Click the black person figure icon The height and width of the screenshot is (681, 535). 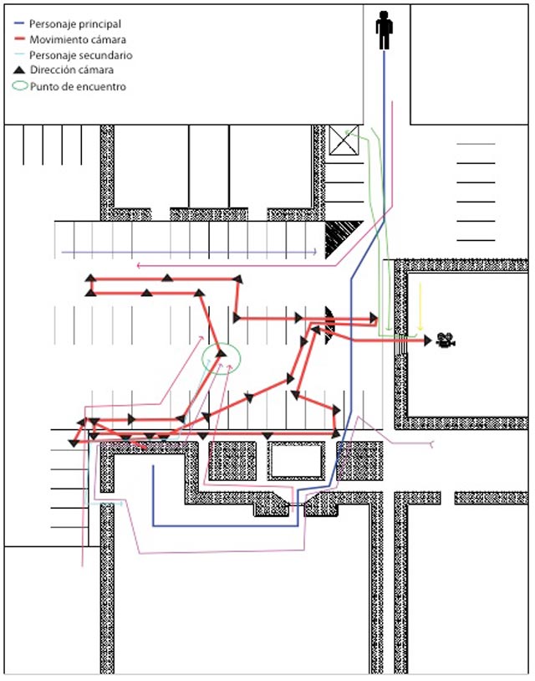(384, 30)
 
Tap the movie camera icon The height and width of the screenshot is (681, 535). (446, 340)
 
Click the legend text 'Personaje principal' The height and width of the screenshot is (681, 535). (75, 24)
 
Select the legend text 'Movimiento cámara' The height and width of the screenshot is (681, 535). (78, 39)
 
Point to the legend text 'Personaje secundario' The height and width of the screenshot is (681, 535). (81, 55)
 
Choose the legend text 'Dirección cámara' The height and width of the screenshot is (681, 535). (72, 70)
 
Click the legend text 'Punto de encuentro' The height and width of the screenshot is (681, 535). (78, 86)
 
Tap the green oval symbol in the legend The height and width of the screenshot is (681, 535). (19, 85)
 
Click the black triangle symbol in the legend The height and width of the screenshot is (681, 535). (19, 69)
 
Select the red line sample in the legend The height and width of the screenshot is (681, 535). (19, 39)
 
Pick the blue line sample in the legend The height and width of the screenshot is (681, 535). (19, 23)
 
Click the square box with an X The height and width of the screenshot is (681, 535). (344, 140)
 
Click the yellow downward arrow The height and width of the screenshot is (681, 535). (420, 306)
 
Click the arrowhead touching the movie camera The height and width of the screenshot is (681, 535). (428, 340)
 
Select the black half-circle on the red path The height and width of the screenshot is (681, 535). (329, 325)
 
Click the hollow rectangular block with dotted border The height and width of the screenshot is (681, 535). (296, 461)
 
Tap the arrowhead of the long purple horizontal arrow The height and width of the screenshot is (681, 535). (314, 252)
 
